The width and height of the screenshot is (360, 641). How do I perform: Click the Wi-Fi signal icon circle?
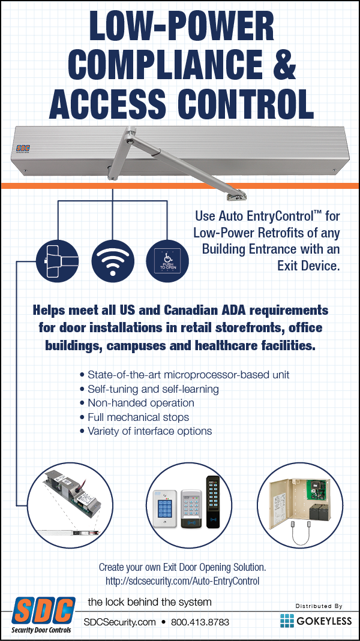113,260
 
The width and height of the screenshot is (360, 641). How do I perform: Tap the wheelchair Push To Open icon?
167,260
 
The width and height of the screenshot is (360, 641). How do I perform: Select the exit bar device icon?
57,260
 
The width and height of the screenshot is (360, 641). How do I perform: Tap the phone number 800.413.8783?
200,622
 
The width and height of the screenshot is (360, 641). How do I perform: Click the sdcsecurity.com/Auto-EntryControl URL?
182,580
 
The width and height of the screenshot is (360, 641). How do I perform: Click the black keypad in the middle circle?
213,501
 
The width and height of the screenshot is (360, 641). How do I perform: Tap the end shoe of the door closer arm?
236,197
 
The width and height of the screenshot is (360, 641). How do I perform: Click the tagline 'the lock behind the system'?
150,602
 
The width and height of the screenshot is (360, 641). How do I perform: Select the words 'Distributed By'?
319,606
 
